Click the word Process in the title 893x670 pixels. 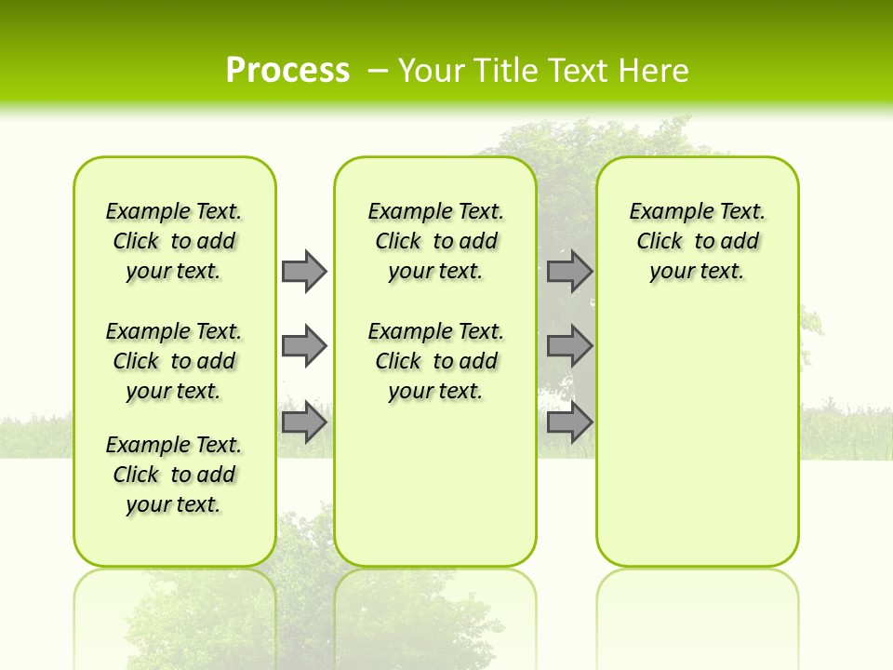(x=287, y=70)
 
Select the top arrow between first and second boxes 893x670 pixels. (x=304, y=271)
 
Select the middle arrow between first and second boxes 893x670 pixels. (x=304, y=346)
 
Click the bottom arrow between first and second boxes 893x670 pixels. (x=304, y=422)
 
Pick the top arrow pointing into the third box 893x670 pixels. (x=569, y=271)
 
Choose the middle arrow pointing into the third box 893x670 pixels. (x=569, y=346)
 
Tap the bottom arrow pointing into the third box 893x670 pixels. (x=569, y=422)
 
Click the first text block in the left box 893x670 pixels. (x=174, y=241)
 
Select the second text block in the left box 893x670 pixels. (x=174, y=361)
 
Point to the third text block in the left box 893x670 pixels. (x=174, y=475)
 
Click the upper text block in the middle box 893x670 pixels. (x=436, y=241)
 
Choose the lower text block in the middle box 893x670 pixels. (x=436, y=361)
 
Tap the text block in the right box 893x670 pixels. (x=698, y=241)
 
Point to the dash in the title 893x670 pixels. (x=378, y=71)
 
